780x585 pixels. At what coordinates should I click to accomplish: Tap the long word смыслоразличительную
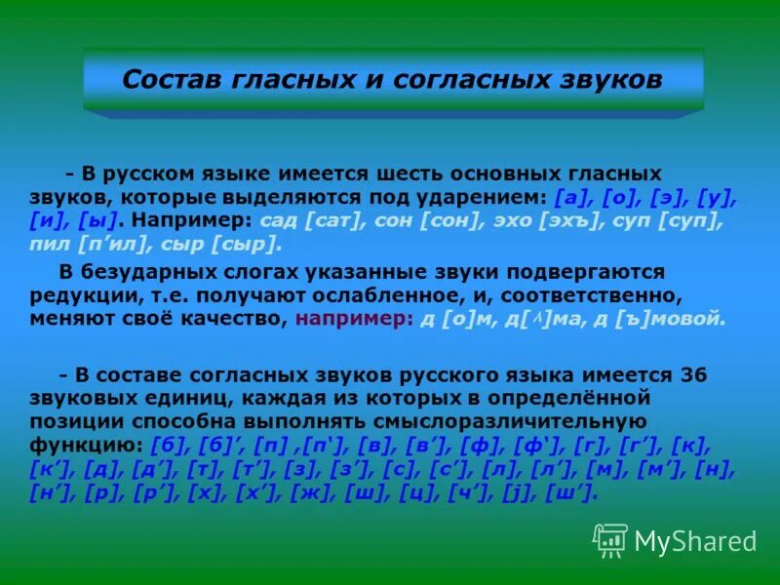click(x=506, y=421)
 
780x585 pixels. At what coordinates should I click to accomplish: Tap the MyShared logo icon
click(x=610, y=540)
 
